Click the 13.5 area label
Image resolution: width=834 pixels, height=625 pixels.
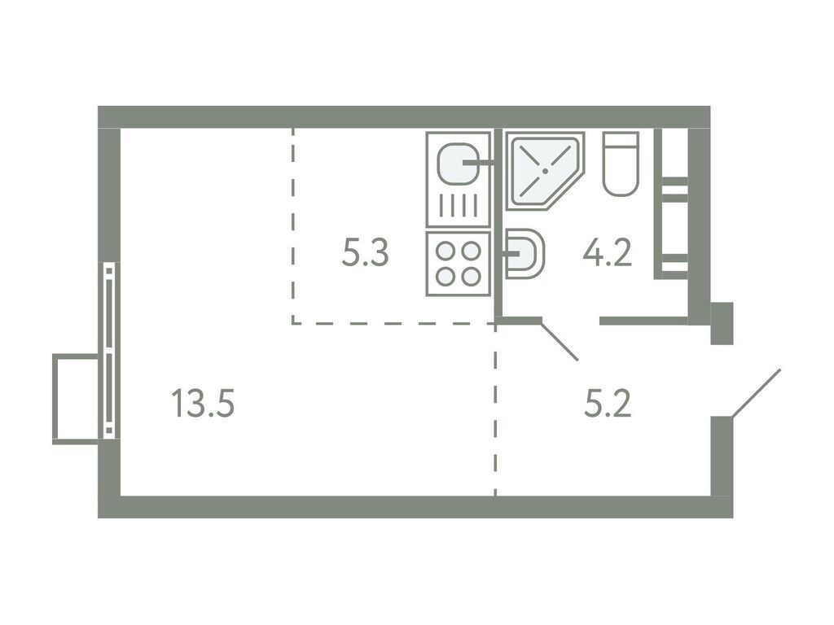point(203,403)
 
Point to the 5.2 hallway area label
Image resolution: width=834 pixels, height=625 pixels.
point(608,403)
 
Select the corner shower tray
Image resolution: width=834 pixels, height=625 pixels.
point(541,170)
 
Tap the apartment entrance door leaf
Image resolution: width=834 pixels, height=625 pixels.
point(757,394)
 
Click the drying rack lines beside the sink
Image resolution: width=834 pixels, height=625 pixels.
point(457,204)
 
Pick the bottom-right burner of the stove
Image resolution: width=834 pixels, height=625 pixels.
point(471,276)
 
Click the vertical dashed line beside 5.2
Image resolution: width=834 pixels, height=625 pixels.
point(495,423)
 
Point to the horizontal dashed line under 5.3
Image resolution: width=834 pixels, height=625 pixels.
point(391,323)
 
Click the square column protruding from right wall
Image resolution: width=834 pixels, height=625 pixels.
point(722,322)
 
